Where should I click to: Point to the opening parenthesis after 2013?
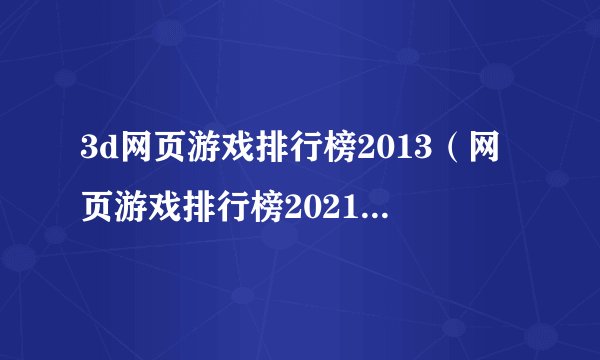coord(465,156)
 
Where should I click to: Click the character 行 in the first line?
coord(290,156)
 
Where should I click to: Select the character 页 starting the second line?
coord(97,206)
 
